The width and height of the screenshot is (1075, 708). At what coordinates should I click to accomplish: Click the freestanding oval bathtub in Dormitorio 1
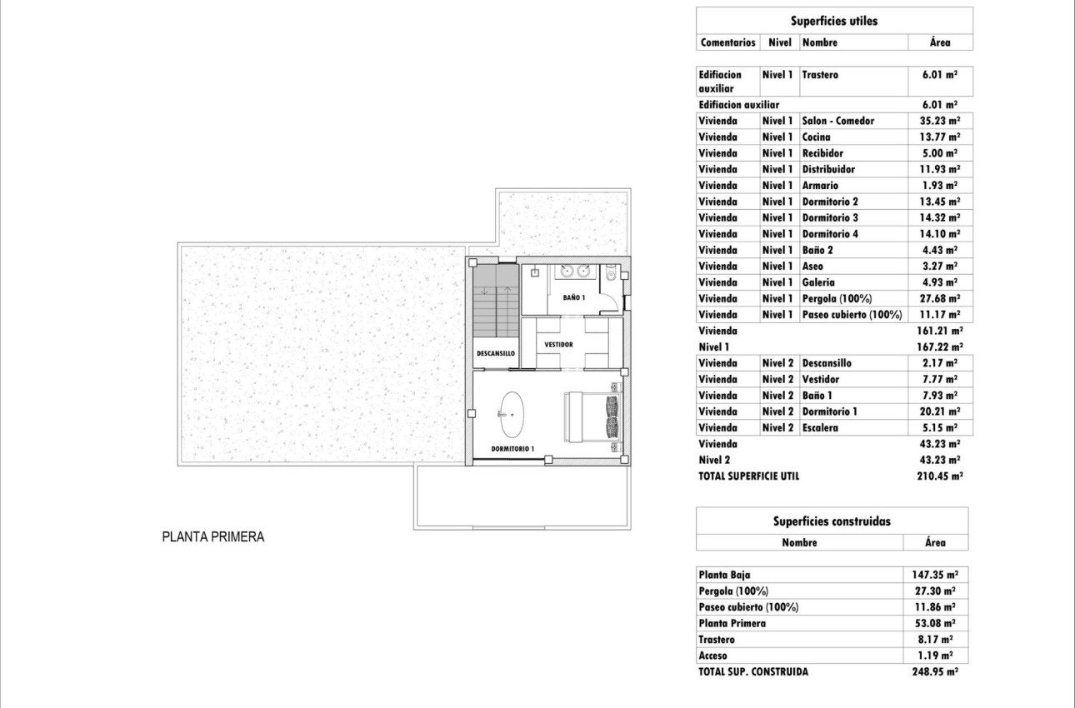click(511, 414)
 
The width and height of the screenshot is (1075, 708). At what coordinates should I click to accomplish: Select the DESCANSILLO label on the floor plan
click(495, 353)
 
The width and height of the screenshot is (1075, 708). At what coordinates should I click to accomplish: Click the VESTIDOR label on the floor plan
click(558, 344)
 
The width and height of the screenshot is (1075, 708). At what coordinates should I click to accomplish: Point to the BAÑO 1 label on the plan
click(573, 297)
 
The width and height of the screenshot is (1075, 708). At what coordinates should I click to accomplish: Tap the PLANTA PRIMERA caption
click(212, 537)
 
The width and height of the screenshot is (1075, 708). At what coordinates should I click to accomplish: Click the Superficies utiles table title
click(833, 22)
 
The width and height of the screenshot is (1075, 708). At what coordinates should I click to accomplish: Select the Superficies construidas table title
click(832, 521)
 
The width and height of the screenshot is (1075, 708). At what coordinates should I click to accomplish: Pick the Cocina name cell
click(816, 137)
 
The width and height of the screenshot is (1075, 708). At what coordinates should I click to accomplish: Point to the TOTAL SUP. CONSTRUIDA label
click(752, 671)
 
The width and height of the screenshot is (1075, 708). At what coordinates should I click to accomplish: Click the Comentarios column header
click(727, 42)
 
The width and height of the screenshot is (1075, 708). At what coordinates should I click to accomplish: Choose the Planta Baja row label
click(724, 575)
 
